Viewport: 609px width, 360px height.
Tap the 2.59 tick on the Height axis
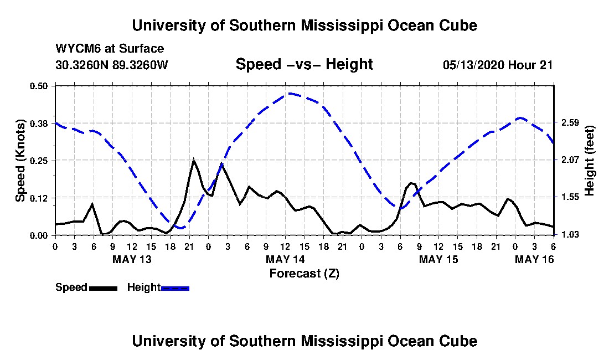coord(569,123)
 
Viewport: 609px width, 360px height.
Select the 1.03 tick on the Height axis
coord(569,235)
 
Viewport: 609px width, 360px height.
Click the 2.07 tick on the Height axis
coord(569,160)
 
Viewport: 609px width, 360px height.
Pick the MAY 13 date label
coord(132,259)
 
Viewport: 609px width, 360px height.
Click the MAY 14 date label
coord(285,259)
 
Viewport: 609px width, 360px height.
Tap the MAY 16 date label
coord(534,259)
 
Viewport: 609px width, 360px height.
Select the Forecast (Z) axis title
coord(304,274)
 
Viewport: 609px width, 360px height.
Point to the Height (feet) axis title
coord(589,161)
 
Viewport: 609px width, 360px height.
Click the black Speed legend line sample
coord(103,288)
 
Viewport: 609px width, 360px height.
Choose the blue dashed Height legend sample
coord(175,288)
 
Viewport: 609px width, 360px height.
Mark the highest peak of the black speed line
coord(193,159)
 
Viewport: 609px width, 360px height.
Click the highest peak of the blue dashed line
coord(290,93)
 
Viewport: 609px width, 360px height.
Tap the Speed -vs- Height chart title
coord(304,64)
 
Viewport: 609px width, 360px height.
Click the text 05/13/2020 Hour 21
coord(498,65)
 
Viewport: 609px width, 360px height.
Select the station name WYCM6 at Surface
coord(110,49)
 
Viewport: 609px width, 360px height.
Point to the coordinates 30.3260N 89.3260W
coord(112,65)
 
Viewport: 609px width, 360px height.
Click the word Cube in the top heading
coord(458,25)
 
